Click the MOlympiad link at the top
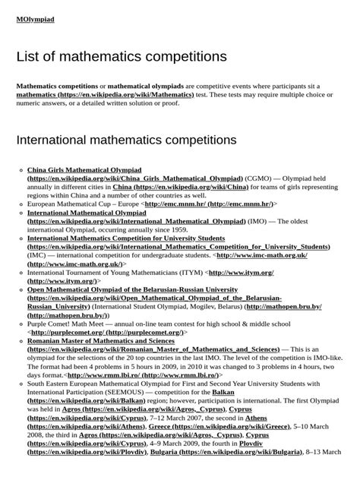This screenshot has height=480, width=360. pyautogui.click(x=35, y=19)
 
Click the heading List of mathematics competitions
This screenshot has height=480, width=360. pyautogui.click(x=122, y=57)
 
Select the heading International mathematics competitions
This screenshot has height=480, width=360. pyautogui.click(x=126, y=141)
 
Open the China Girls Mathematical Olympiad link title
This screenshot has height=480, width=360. pyautogui.click(x=84, y=169)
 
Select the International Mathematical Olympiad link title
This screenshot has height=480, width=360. pyautogui.click(x=87, y=213)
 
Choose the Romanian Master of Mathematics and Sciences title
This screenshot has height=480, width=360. pyautogui.click(x=101, y=341)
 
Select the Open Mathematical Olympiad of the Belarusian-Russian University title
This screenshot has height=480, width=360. pyautogui.click(x=132, y=290)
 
